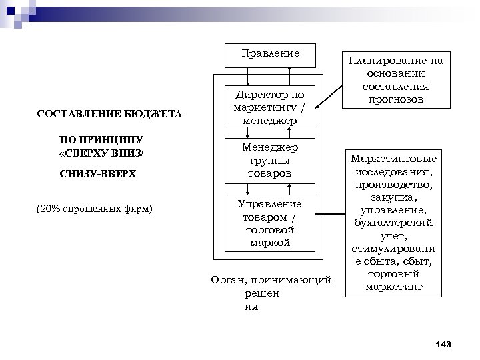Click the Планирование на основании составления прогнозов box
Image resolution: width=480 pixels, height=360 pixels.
point(395,81)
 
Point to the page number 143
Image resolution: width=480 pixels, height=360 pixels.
point(443,344)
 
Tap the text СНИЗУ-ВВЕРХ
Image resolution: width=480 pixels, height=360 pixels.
point(97,173)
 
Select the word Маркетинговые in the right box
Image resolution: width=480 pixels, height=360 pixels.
point(395,160)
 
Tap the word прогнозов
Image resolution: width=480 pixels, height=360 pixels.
point(395,99)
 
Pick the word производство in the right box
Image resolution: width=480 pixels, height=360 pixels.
point(394,185)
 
